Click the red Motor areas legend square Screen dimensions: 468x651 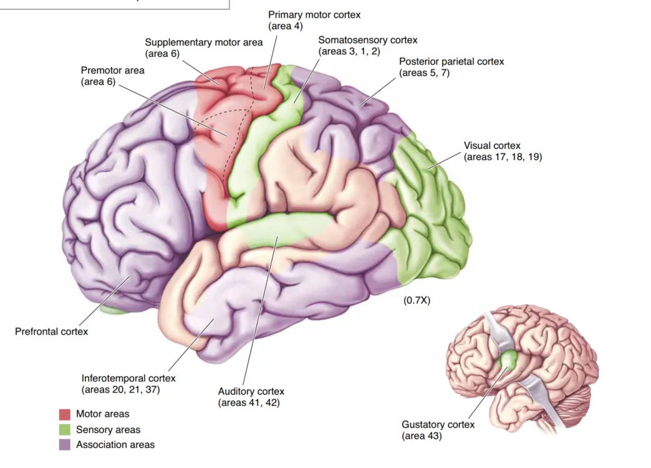[64, 414]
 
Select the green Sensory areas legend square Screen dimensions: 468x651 [64, 429]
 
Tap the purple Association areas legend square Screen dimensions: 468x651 [64, 445]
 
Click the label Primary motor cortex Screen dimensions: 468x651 [314, 14]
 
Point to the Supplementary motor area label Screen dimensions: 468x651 [204, 42]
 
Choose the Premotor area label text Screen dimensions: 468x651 [112, 70]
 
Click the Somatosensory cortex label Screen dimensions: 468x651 [368, 40]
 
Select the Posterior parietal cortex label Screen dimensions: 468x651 [451, 61]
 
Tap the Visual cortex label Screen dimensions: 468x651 [492, 146]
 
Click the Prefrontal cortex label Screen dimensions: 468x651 [52, 332]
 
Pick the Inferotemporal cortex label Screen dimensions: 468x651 [128, 378]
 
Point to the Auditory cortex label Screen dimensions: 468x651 [251, 391]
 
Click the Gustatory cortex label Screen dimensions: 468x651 [438, 424]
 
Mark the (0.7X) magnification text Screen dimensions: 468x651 [417, 300]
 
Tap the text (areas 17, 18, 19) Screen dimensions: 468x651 [503, 157]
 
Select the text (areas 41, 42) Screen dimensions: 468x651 [249, 403]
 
